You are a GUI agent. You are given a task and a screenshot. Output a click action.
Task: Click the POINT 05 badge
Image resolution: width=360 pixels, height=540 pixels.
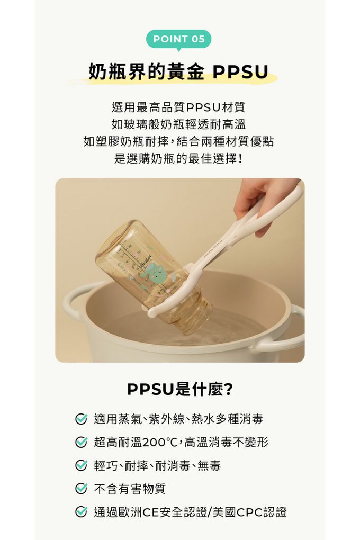coord(179,40)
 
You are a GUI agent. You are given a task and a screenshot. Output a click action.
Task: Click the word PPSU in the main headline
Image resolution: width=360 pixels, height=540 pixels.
coord(240,72)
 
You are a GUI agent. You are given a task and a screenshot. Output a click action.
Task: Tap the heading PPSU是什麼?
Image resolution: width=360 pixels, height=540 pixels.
coord(180,389)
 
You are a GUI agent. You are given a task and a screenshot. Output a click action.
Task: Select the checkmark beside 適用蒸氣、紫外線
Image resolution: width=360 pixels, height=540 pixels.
coord(81,419)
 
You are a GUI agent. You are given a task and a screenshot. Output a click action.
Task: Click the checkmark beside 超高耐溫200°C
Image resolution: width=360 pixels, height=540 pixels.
coord(81,442)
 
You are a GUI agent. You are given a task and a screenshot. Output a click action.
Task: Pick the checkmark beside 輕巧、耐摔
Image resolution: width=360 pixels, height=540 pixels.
coord(81,465)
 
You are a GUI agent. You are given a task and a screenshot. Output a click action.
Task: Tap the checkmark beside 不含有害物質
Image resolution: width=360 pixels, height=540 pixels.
coord(81,489)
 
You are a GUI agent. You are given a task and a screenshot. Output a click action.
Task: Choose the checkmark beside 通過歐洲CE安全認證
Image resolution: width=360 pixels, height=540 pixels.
coord(81,512)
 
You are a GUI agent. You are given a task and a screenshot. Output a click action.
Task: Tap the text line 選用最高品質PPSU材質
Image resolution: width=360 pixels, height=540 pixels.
coord(178,107)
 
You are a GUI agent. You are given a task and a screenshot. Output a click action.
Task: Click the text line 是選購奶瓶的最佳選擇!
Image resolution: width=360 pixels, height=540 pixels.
coord(178,159)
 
